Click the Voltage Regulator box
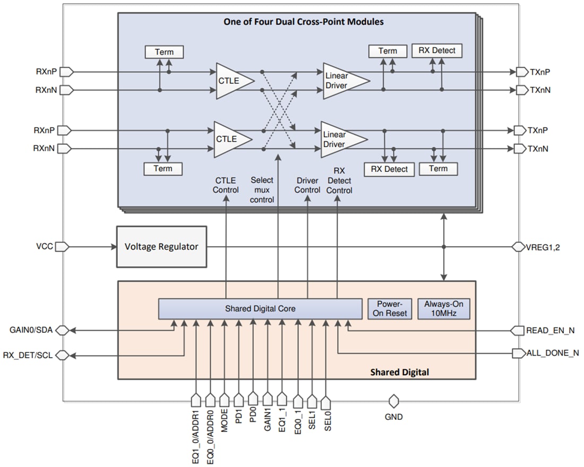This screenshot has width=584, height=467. [161, 247]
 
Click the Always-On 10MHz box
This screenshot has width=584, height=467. [443, 308]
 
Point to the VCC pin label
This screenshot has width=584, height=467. [45, 247]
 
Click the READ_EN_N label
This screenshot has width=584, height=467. [550, 330]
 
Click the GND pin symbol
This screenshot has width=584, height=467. [393, 401]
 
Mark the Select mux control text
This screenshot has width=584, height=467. [262, 190]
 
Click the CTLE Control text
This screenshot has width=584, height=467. [226, 185]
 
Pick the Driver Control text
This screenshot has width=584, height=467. [307, 185]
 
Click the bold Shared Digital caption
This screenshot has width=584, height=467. [399, 372]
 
